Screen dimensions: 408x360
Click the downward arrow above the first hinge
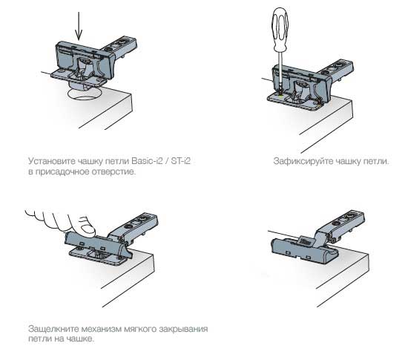tap(79, 26)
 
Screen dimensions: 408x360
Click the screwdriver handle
tap(280, 29)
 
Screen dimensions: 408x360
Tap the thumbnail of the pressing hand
tap(88, 229)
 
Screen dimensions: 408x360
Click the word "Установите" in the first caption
tap(52, 161)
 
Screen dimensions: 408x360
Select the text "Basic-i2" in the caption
tap(148, 161)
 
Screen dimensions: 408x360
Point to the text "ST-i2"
tap(180, 161)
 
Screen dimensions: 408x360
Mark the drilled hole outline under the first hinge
tap(84, 94)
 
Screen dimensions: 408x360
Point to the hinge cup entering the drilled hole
tap(79, 85)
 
